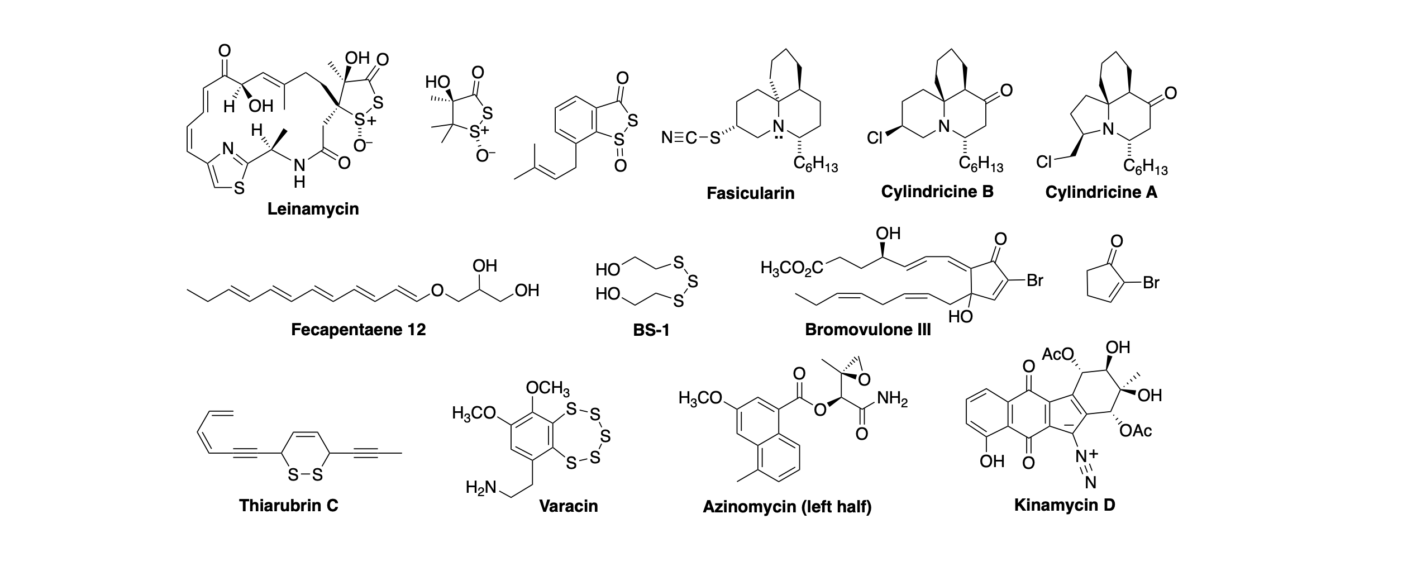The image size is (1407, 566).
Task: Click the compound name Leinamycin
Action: tap(313, 209)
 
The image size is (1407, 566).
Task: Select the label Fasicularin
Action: tap(750, 193)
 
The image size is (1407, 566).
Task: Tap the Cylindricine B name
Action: tap(937, 192)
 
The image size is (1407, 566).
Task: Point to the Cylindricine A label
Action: tap(1101, 192)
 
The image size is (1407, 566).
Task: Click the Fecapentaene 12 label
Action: tap(358, 330)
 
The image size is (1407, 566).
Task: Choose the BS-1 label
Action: tap(651, 330)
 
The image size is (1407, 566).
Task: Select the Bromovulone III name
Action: tap(867, 330)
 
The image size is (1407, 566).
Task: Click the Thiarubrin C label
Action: tap(289, 505)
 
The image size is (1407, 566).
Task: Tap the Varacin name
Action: tap(568, 506)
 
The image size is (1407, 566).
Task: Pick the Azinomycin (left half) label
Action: tap(787, 507)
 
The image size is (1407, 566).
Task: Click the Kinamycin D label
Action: tap(1065, 505)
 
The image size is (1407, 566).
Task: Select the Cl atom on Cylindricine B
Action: tap(875, 137)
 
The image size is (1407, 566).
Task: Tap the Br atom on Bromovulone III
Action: tap(1035, 280)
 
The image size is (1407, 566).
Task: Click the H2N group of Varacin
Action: tap(480, 488)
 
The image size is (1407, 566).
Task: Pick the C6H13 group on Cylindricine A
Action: tap(1145, 167)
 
